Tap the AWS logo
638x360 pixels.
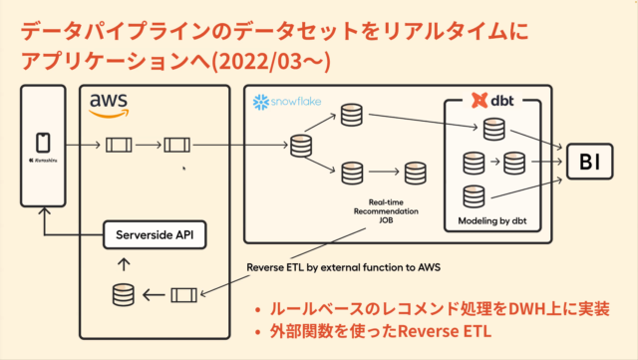[109, 104]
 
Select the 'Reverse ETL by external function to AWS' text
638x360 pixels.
[345, 266]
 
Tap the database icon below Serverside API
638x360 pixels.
[122, 295]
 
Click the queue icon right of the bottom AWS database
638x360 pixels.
[183, 295]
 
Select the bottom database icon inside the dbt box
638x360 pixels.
[477, 195]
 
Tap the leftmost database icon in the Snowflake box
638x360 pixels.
[300, 148]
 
